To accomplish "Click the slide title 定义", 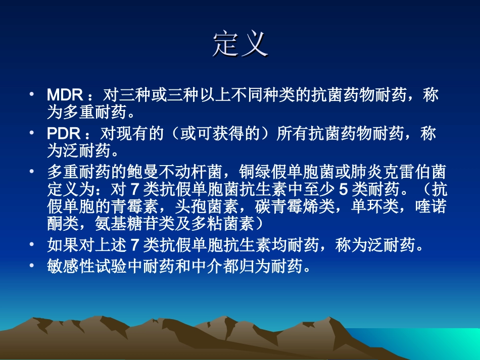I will click(239, 44).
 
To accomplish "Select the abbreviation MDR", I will click(64, 94).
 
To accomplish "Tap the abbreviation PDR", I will click(63, 133).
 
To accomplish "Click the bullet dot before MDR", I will click(32, 94).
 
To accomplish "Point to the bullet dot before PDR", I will click(32, 133).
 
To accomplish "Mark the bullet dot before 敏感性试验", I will click(32, 266).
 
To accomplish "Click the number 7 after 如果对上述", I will click(135, 246).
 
